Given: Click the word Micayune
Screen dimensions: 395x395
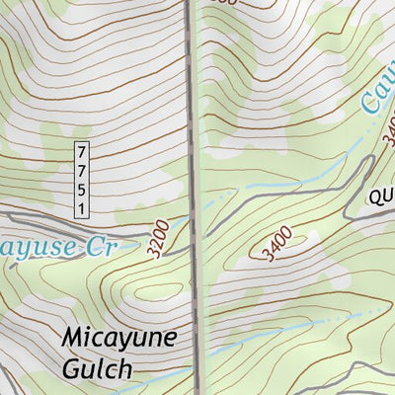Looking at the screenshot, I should click(119, 339).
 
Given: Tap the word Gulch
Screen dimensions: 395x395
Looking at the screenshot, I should click(96, 369).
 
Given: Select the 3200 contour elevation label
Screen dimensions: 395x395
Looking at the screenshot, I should click(155, 239).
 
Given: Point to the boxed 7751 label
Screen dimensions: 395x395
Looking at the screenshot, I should click(81, 178).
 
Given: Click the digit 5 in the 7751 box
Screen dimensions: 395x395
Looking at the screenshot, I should click(81, 186).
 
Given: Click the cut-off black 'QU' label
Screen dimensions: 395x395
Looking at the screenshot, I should click(382, 198).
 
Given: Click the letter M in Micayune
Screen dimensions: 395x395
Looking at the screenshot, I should click(72, 338).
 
